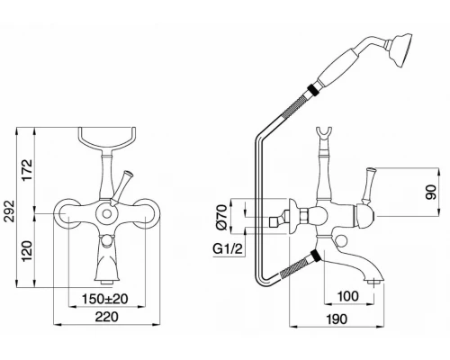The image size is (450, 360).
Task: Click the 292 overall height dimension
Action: [11, 211]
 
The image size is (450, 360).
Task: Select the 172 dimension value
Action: [28, 170]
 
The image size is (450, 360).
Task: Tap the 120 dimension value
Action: [28, 251]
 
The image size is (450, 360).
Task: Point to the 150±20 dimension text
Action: [105, 299]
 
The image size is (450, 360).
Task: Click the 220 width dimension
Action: [107, 317]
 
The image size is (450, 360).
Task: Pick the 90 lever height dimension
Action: [431, 192]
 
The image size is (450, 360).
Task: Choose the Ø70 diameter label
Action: [221, 217]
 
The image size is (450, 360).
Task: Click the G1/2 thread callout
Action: [228, 249]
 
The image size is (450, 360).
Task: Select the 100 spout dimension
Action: [348, 296]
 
